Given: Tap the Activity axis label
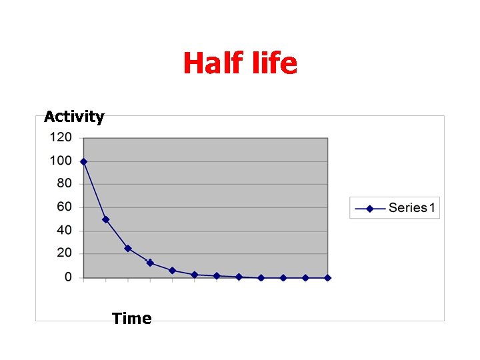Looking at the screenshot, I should click(x=74, y=117).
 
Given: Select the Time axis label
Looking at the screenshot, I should click(x=132, y=319).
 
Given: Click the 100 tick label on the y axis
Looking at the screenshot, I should click(x=61, y=161).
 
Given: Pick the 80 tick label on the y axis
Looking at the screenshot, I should click(x=64, y=184).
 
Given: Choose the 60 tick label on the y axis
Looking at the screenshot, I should click(x=64, y=207).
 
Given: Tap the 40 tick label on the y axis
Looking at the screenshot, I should click(x=64, y=231).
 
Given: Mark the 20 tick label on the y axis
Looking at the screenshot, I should click(x=64, y=253).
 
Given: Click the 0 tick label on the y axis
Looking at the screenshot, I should click(x=68, y=277).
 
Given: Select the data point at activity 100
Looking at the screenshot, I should click(x=83, y=161).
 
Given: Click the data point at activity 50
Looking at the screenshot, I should click(x=105, y=219).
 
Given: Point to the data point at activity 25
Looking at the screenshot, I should click(x=128, y=248).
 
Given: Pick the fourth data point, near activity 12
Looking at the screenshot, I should click(x=150, y=263).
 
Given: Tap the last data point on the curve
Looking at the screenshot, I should click(x=327, y=277).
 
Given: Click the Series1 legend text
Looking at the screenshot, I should click(x=412, y=208).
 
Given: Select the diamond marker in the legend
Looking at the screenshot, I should click(x=370, y=208).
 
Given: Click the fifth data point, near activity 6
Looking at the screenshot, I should click(x=172, y=270).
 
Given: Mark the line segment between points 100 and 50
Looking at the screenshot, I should click(x=95, y=191).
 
